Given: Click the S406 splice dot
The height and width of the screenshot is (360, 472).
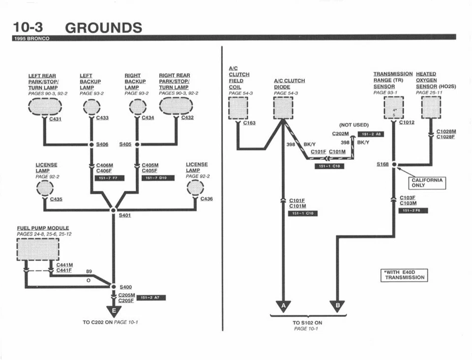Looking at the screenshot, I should [x=91, y=145].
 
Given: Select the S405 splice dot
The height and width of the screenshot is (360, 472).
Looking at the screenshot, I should [x=137, y=145].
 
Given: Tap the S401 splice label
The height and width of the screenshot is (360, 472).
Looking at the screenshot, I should [x=125, y=215].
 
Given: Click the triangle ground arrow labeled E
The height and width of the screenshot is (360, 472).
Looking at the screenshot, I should [x=114, y=311].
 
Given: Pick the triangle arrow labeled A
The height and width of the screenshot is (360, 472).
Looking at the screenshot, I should [x=283, y=306].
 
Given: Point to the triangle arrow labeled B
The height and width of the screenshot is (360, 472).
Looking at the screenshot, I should [x=337, y=306].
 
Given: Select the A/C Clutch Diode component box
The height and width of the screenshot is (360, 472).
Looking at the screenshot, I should [x=283, y=108].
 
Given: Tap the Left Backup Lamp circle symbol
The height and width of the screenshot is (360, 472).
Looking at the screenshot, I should [x=91, y=107].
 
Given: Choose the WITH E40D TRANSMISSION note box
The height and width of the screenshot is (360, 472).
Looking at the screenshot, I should [x=404, y=275].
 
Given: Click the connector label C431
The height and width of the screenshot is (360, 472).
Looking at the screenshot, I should [x=56, y=119].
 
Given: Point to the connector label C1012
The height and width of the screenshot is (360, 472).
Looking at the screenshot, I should [x=407, y=122].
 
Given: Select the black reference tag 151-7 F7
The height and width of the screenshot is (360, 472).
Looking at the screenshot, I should [x=109, y=178].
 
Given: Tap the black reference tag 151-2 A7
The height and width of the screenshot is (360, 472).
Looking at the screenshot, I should [x=151, y=298].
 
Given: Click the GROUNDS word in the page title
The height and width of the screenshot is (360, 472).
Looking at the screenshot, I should [x=103, y=28].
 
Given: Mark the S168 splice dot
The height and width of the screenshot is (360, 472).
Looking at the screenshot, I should [x=394, y=165].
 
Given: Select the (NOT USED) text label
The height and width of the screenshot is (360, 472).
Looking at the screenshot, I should [x=354, y=125].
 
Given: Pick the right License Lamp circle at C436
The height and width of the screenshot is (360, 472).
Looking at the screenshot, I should [x=195, y=188].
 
